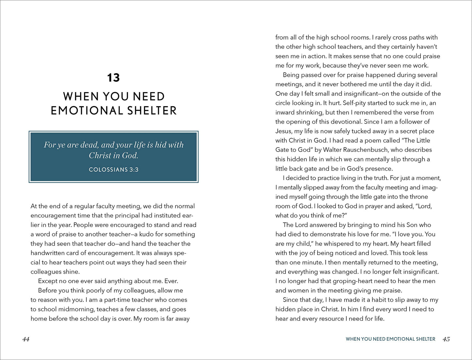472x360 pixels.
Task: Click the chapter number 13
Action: pos(113,78)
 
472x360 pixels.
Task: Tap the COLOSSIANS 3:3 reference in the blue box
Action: pos(113,169)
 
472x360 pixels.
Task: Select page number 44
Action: pos(26,339)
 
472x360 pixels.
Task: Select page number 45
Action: pos(446,339)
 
